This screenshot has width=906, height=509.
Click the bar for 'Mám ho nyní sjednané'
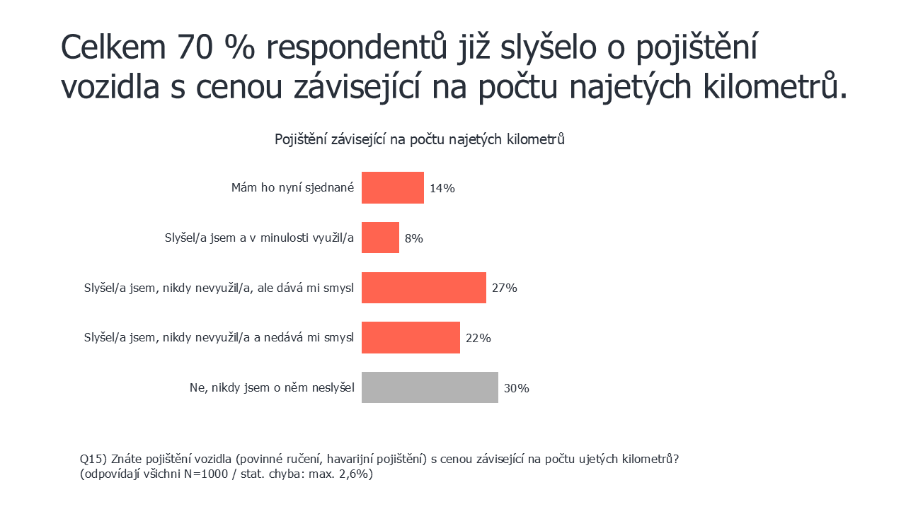392,188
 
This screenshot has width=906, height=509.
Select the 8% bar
380,238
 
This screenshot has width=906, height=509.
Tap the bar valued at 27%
423,288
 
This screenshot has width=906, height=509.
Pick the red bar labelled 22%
411,337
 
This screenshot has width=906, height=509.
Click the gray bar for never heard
430,387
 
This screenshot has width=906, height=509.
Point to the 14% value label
442,189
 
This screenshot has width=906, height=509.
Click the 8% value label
413,238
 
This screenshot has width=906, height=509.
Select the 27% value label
505,288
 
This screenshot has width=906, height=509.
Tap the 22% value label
478,338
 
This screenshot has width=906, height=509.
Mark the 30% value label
517,388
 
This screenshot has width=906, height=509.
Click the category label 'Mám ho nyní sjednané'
292,188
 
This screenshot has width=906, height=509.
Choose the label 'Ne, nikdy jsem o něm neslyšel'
271,387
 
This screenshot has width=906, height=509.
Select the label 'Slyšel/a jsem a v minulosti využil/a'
258,238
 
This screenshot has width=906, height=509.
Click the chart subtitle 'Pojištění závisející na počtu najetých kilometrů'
419,139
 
